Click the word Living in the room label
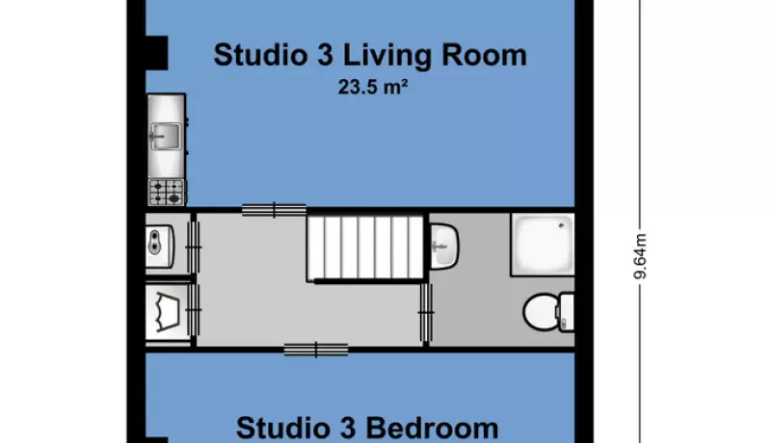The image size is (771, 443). pos(386,56)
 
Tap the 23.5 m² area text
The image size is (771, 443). pos(373,88)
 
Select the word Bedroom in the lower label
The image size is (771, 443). pos(432,428)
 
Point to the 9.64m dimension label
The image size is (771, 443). pos(640,256)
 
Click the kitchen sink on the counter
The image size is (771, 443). pos(166,136)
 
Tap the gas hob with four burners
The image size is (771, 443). pos(167,192)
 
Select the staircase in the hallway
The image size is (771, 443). pos(365,248)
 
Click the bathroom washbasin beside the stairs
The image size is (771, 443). pos(444,246)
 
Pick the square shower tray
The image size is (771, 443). pos(543,244)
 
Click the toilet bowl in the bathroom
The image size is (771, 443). pos(540,312)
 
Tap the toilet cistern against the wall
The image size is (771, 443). pos(567,312)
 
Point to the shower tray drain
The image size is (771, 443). pos(562,225)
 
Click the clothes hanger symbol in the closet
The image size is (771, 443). pos(166,311)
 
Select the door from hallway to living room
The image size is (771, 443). pos(274,210)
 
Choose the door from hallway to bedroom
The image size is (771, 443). pos(316,350)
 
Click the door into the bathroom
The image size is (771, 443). pos(426,312)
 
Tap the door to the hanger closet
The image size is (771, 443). pos(194,310)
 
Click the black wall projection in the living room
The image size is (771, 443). pos(157,53)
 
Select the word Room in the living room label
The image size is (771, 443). pos(484,55)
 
